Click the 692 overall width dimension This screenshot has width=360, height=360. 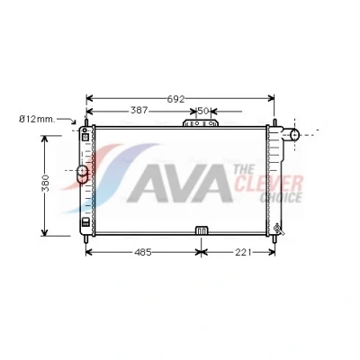click(175, 99)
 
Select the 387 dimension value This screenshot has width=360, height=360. click(139, 111)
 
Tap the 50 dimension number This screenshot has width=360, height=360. click(203, 111)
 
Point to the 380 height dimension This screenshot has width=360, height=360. click(45, 183)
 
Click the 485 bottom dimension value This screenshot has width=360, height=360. click(143, 253)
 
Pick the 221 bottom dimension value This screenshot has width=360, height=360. click(243, 253)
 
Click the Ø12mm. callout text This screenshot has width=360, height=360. click(37, 120)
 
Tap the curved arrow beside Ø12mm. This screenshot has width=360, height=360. click(67, 120)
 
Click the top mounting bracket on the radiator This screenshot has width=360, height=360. click(201, 123)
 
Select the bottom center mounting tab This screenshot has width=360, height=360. click(202, 230)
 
